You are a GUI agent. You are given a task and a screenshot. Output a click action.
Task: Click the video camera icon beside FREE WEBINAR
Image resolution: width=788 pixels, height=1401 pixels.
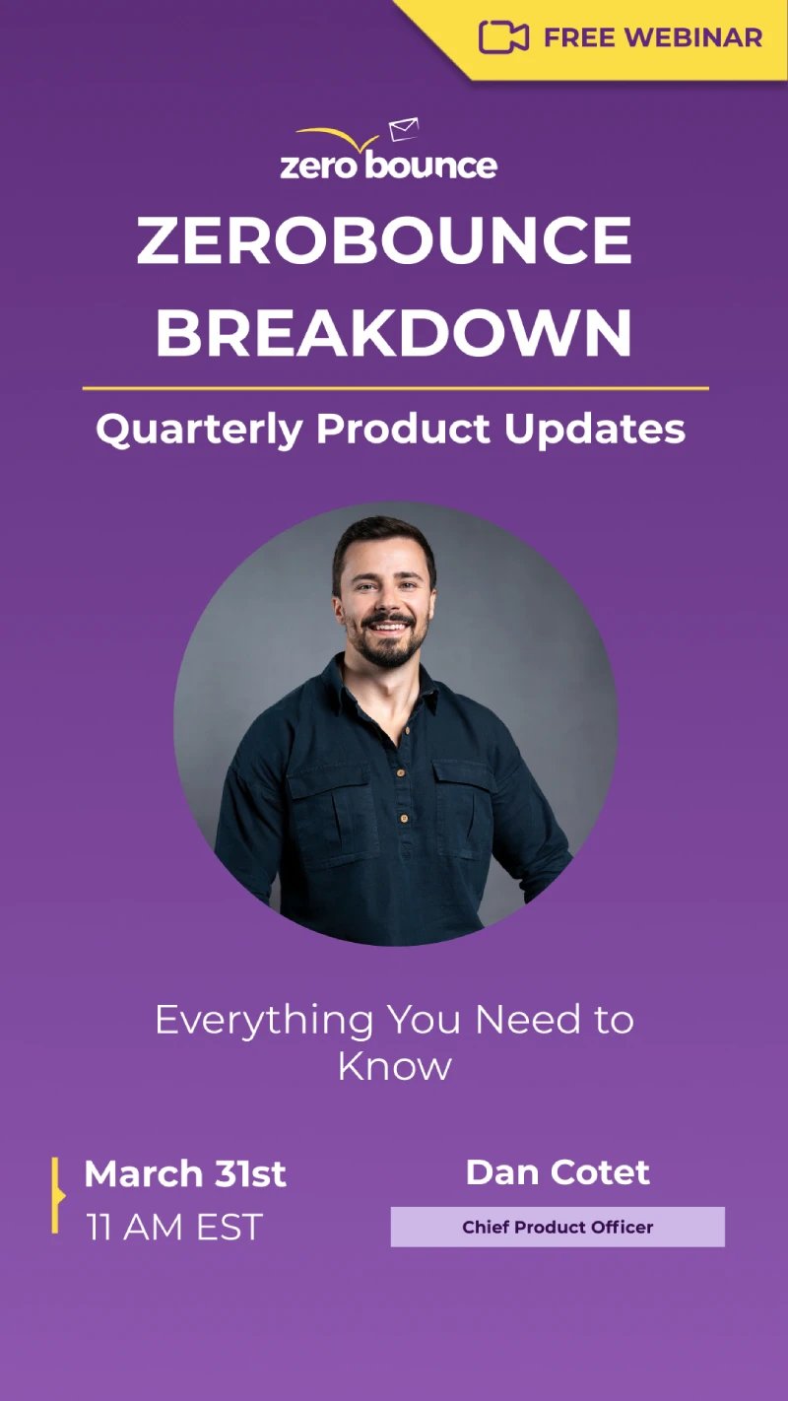503,37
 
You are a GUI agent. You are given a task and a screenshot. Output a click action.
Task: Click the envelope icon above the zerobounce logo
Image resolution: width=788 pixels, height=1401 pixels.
404,129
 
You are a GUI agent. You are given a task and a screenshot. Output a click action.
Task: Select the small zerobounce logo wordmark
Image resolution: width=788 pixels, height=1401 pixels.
388,164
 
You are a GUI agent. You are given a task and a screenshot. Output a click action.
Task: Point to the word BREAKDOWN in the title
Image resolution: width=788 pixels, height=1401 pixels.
393,333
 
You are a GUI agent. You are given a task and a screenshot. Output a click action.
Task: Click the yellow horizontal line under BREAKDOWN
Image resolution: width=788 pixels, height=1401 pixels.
395,389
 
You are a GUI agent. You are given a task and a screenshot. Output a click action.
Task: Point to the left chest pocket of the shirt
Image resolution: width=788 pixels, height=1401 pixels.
329,803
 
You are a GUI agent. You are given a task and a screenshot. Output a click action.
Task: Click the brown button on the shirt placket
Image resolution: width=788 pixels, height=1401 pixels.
403,818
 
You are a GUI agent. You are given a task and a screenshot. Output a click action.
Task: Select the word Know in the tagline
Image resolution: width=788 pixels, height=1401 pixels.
394,1066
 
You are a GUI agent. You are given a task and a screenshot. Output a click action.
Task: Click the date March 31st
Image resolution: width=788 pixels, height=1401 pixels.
185,1173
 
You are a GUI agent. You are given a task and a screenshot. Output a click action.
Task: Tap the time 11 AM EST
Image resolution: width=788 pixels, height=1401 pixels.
174,1228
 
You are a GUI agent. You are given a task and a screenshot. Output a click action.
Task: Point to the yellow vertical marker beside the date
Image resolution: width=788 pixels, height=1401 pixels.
56,1195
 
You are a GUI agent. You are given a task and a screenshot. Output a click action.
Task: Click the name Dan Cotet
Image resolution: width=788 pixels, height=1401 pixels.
558,1172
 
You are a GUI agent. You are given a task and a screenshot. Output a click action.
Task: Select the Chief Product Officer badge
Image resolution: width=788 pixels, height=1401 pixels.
558,1228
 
